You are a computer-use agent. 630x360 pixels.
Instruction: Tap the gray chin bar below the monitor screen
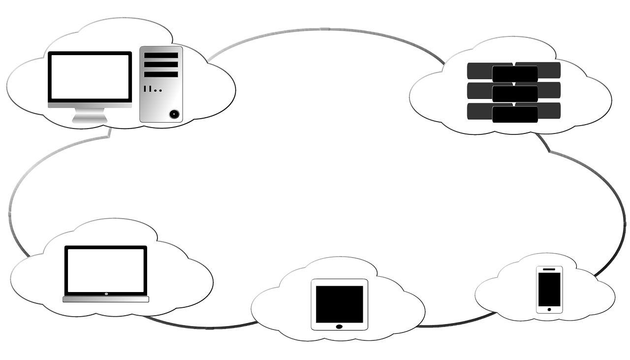pyautogui.click(x=90, y=105)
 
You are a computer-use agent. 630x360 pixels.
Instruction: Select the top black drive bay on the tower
pyautogui.click(x=161, y=55)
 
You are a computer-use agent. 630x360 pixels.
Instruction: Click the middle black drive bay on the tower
pyautogui.click(x=161, y=65)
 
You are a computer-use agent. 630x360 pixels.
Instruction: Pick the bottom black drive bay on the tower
pyautogui.click(x=161, y=74)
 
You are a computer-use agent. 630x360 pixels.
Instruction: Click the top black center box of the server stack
pyautogui.click(x=515, y=73)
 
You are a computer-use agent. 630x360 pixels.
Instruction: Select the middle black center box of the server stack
pyautogui.click(x=515, y=94)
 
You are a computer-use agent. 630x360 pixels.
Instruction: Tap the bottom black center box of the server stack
pyautogui.click(x=515, y=114)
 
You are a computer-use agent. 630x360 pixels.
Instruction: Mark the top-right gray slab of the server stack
pyautogui.click(x=546, y=68)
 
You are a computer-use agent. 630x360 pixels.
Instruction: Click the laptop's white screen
pyautogui.click(x=106, y=270)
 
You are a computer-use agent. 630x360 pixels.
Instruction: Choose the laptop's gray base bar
pyautogui.click(x=106, y=299)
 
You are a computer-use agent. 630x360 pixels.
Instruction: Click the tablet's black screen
pyautogui.click(x=339, y=304)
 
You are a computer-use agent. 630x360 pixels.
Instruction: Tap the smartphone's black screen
pyautogui.click(x=549, y=289)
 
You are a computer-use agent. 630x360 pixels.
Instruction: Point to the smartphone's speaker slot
pyautogui.click(x=549, y=269)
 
